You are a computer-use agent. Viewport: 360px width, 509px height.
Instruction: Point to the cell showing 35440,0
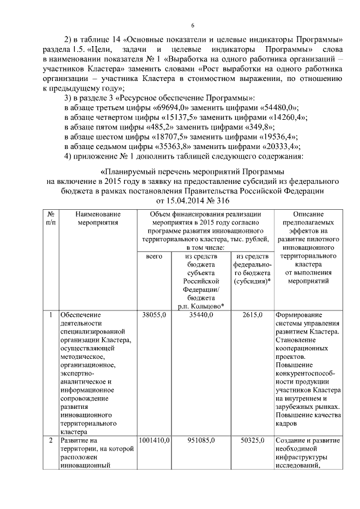(201, 315)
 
